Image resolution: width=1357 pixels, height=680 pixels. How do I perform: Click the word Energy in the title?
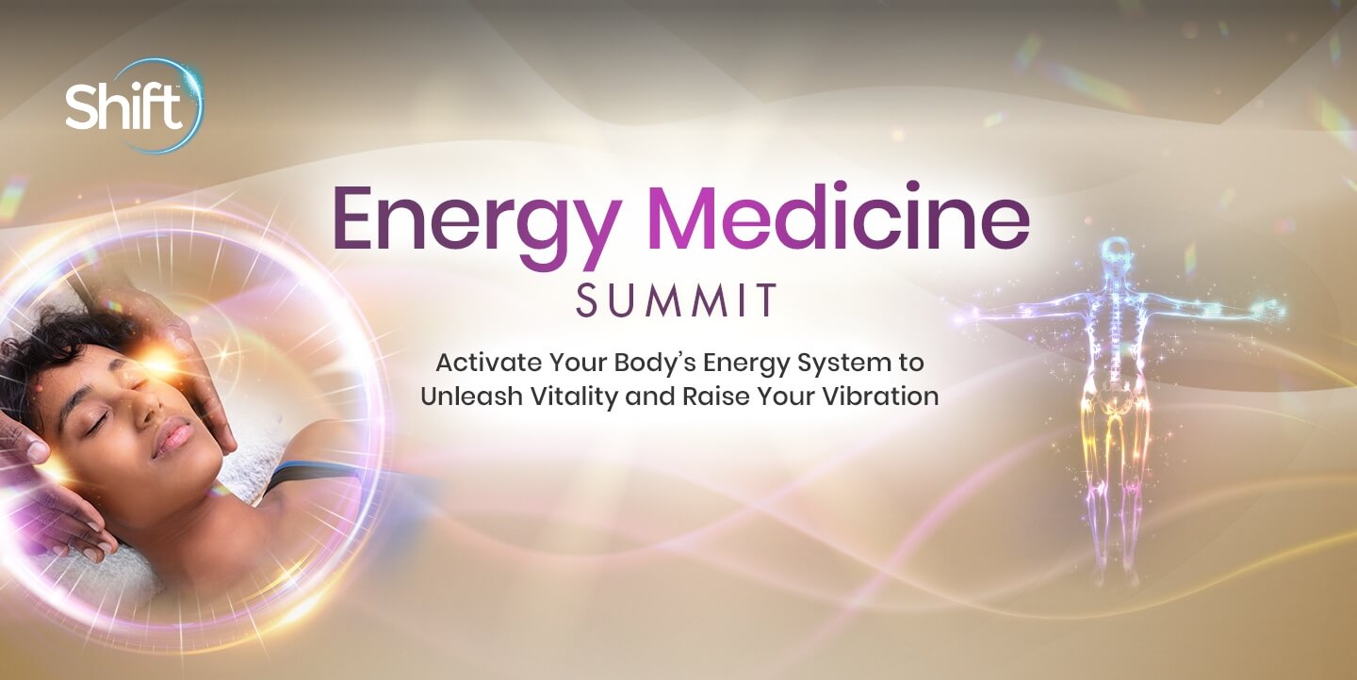pos(476,225)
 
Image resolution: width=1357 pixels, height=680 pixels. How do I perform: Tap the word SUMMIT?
pos(676,300)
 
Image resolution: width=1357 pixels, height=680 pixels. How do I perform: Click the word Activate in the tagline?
pos(488,363)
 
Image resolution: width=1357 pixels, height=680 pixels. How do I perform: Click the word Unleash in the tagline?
pos(471,396)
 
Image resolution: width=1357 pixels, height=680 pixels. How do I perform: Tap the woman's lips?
pos(173,436)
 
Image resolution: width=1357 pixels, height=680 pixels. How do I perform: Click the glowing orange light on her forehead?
pos(158,362)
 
